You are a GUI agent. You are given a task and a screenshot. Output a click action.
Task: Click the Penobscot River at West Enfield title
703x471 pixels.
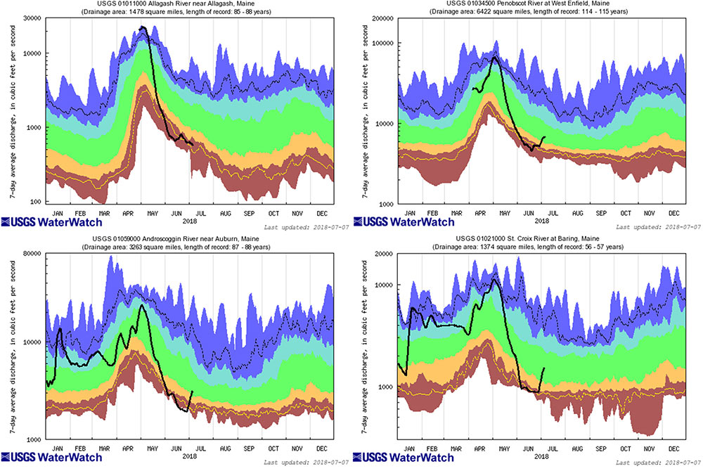541,5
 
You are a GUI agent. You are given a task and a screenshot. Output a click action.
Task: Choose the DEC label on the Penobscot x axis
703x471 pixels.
673,212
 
